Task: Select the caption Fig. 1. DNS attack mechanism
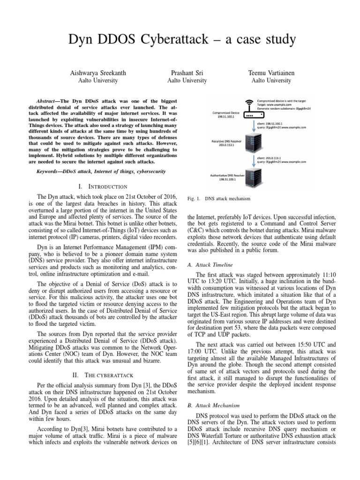[218, 199]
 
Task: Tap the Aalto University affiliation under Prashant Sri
[187, 81]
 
